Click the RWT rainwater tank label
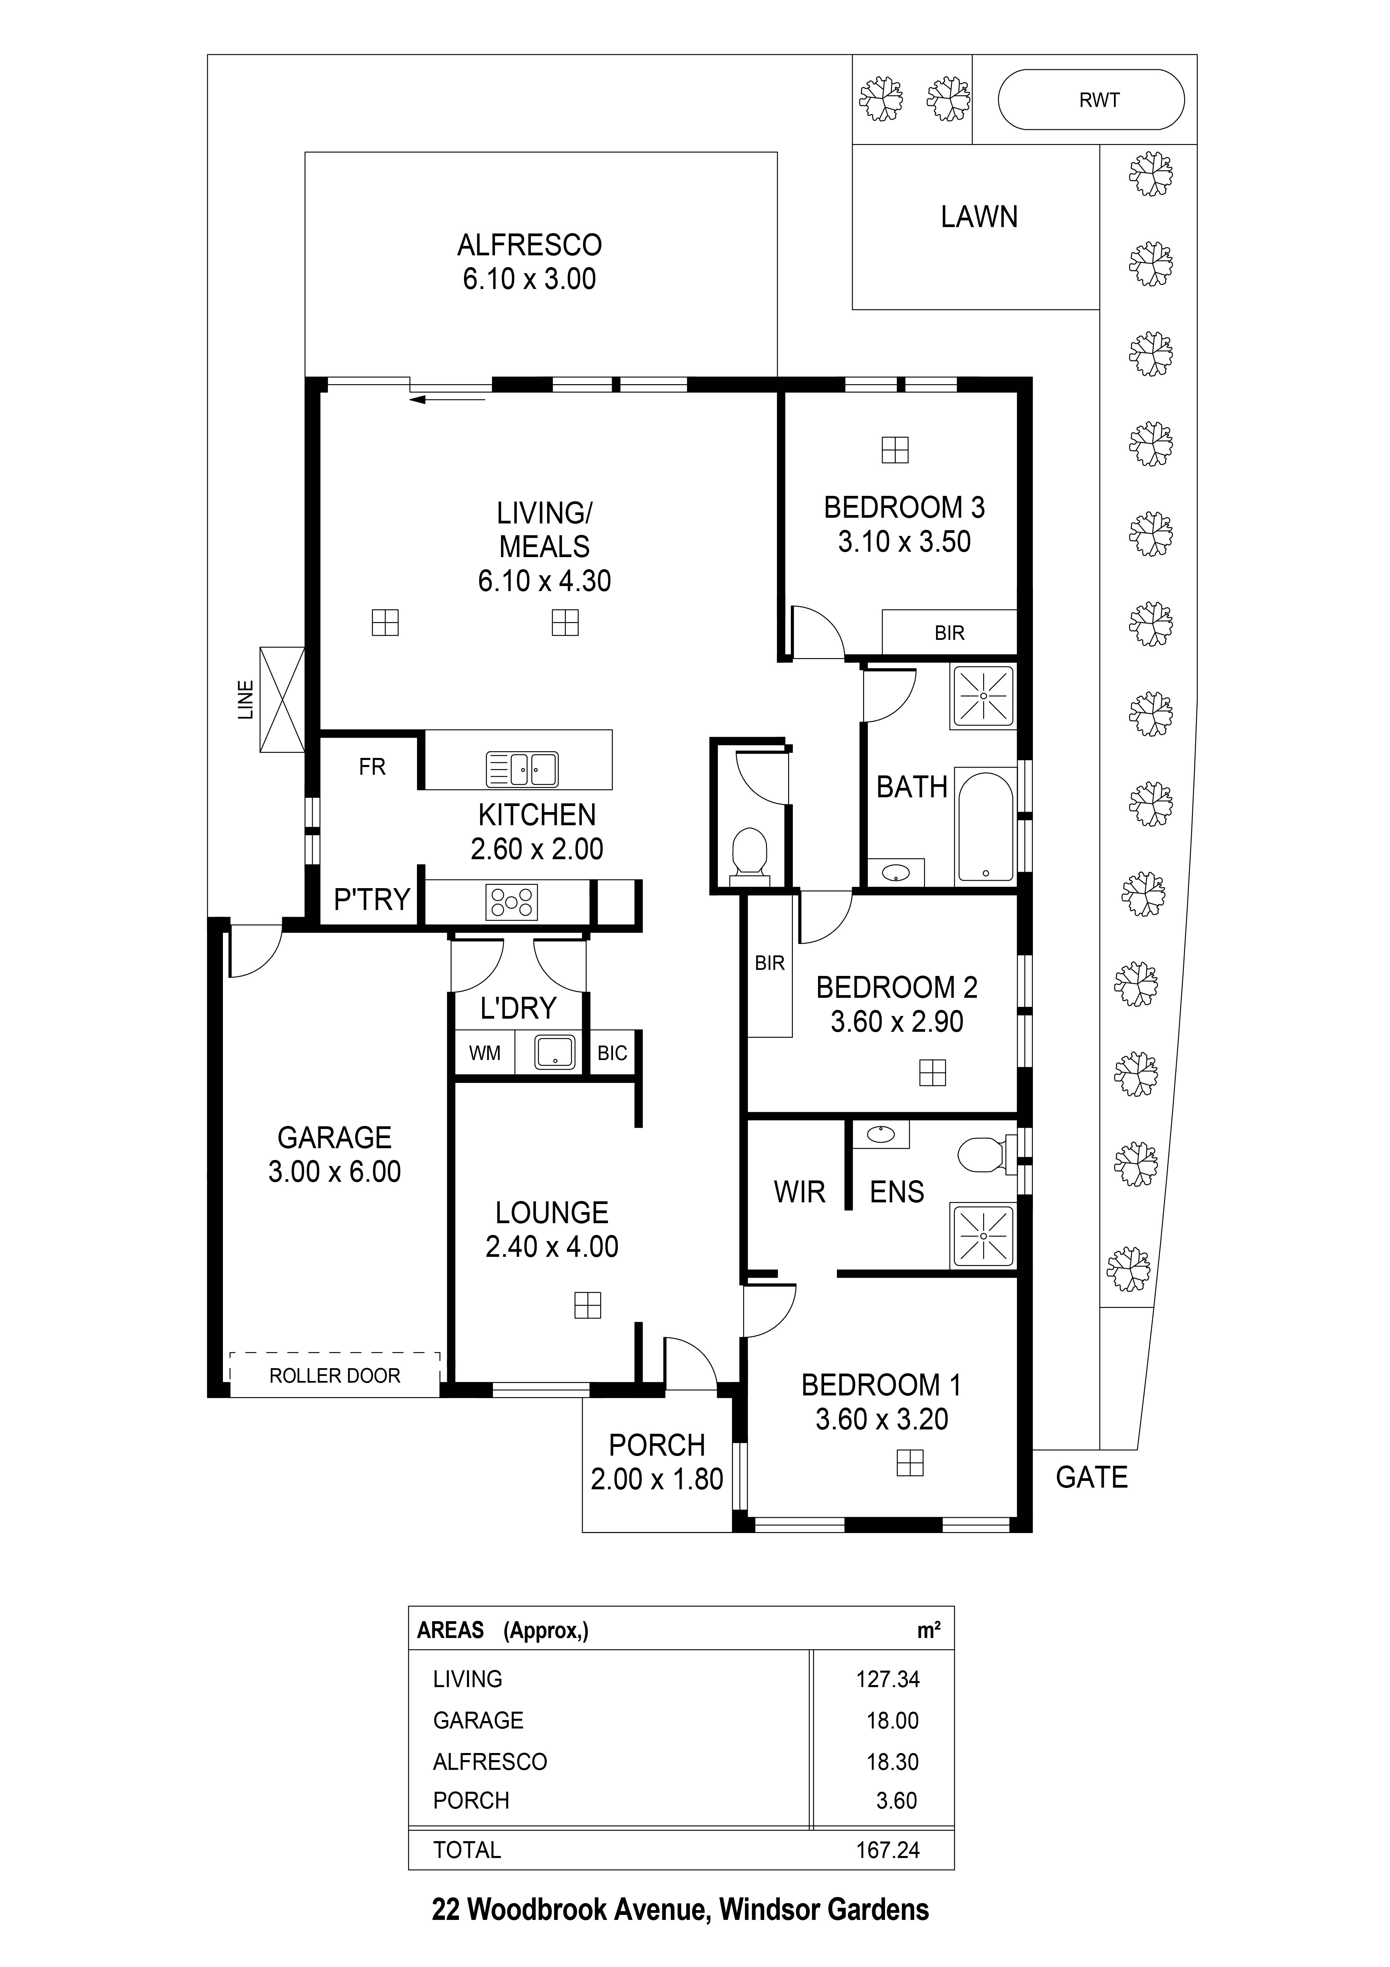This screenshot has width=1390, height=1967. pos(1099,100)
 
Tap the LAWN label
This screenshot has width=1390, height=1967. pos(979,217)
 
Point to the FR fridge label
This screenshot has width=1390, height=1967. pos(372,767)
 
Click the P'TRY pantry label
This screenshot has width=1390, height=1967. pos(372,900)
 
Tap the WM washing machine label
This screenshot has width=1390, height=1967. pos(485,1053)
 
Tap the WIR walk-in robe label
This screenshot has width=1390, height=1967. pos(799,1192)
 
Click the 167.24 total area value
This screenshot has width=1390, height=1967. pos(887,1850)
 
